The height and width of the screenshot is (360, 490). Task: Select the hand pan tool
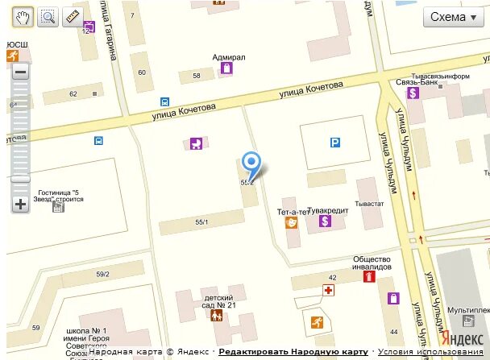(23, 16)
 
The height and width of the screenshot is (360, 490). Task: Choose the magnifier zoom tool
(48, 16)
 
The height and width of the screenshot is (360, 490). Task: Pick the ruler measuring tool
(72, 16)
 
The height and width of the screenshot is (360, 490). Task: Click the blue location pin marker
(252, 164)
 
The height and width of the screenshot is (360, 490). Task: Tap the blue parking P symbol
(334, 143)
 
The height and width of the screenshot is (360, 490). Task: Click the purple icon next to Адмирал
(227, 68)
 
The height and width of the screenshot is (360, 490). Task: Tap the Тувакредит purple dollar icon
(326, 220)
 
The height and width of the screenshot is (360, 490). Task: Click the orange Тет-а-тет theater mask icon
(292, 221)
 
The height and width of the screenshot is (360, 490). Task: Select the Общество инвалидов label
(372, 263)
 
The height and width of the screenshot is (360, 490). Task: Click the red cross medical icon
(328, 289)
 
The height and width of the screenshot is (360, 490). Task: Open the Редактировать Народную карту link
(293, 352)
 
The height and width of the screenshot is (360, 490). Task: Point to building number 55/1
(201, 221)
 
